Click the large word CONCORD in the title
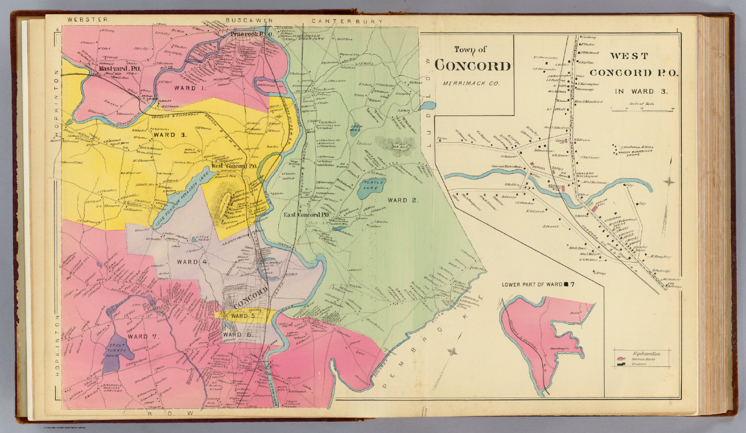[473, 66]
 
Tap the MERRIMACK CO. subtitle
[471, 83]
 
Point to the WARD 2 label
[403, 200]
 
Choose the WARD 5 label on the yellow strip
[243, 316]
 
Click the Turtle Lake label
[373, 186]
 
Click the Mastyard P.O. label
[119, 69]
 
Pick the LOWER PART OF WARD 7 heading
[538, 284]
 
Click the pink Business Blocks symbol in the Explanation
[621, 358]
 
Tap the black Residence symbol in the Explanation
[621, 363]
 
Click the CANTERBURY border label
[347, 21]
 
